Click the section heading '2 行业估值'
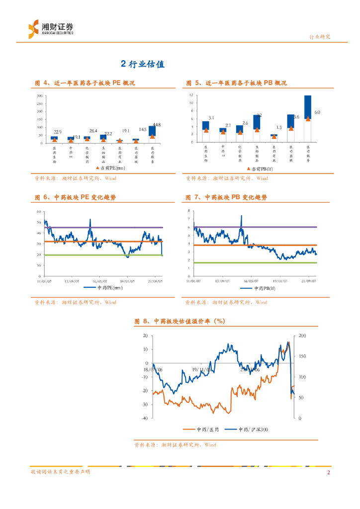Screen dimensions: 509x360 click(142, 64)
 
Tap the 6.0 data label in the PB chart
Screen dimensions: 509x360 click(317, 113)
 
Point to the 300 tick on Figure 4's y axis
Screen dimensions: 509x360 click(39, 95)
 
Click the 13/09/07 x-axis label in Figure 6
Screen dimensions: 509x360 click(73, 280)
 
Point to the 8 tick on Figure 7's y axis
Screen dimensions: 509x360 click(189, 211)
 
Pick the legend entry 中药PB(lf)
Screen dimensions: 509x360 click(258, 288)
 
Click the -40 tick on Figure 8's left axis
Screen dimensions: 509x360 click(144, 418)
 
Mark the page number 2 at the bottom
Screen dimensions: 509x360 click(328, 472)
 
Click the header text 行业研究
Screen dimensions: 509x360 click(320, 37)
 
